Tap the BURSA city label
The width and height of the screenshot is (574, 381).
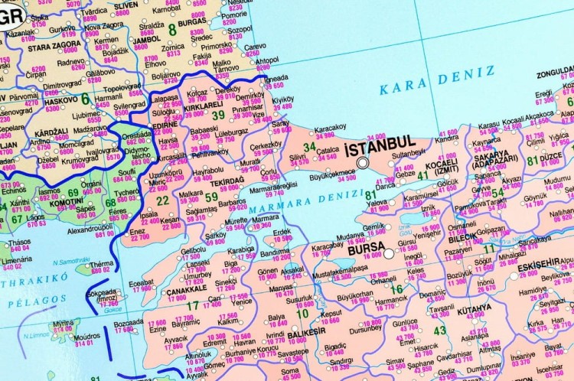click(x=364, y=249)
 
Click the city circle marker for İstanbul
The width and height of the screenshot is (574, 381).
click(x=364, y=161)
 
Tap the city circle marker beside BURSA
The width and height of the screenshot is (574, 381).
click(x=389, y=253)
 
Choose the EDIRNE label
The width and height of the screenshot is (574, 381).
click(x=165, y=125)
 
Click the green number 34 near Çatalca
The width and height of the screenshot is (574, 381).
click(x=309, y=146)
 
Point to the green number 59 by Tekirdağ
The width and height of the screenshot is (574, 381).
click(x=211, y=197)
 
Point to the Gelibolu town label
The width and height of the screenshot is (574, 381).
click(x=194, y=250)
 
